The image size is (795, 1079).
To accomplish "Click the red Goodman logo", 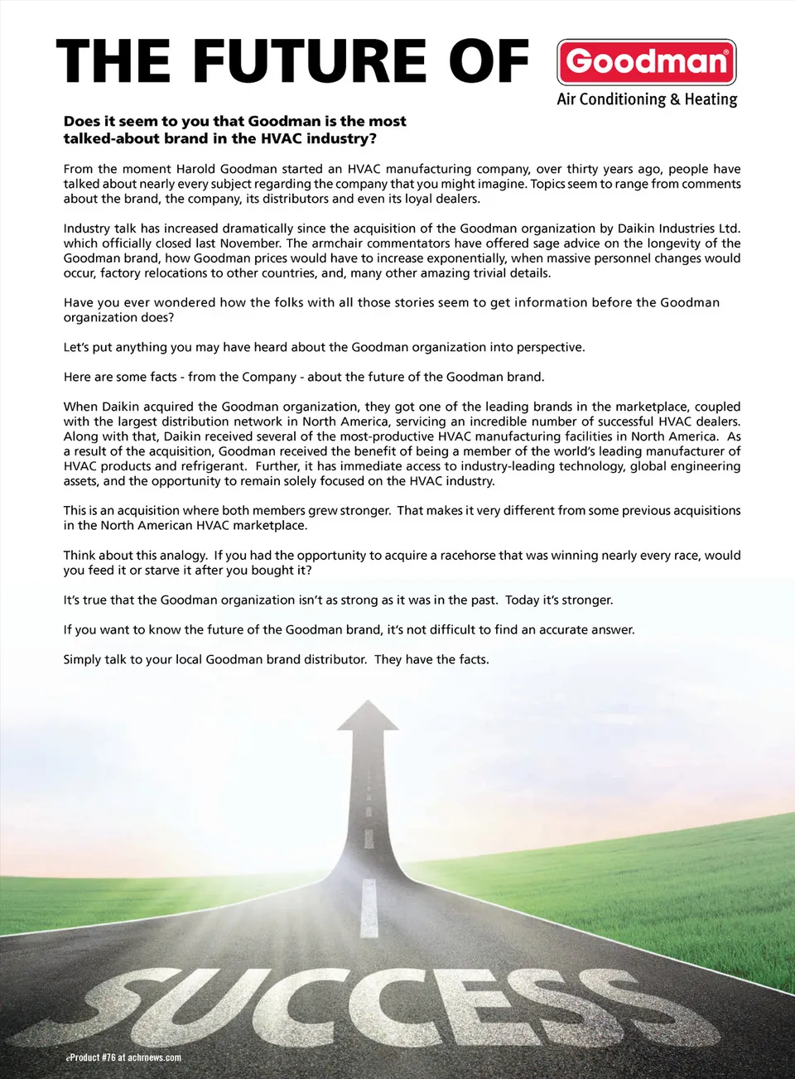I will point(646,62).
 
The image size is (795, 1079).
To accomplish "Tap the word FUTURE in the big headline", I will point(310,61).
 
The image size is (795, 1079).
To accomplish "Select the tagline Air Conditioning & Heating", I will point(647,99).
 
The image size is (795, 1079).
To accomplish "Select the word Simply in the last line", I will point(82,660).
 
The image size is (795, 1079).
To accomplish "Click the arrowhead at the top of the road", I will point(368,715).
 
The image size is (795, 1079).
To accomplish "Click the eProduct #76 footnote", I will point(123,1057).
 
